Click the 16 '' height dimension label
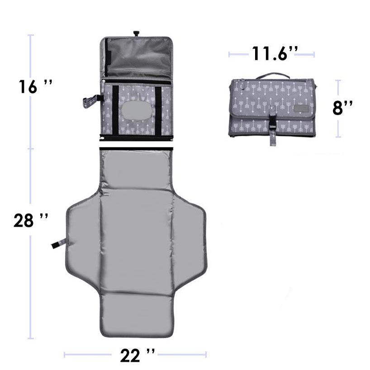(x=35, y=86)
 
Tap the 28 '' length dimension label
(x=31, y=220)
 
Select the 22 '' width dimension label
(x=138, y=355)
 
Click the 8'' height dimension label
(x=342, y=108)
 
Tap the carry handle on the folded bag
(x=273, y=76)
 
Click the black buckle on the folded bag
(x=273, y=122)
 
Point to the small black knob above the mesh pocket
(x=136, y=33)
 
